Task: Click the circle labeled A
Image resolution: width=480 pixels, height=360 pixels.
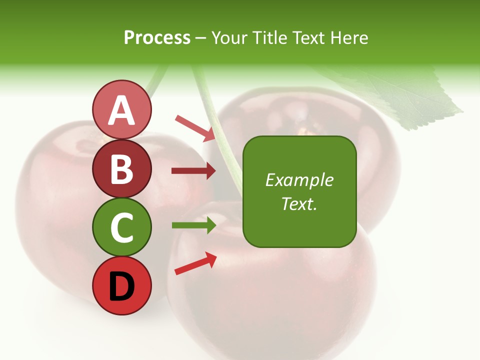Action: tap(121, 110)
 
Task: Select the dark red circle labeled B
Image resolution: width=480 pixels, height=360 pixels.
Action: tap(121, 168)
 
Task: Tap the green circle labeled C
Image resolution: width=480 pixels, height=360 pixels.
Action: tap(121, 227)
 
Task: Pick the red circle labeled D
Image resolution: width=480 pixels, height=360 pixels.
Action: tap(121, 285)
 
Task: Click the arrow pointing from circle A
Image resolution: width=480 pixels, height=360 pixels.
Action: tap(195, 128)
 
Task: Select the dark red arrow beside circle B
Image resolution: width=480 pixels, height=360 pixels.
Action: tap(193, 171)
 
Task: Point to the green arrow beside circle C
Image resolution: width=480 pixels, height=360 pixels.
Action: tap(193, 225)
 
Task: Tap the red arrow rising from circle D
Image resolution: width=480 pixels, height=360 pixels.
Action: tap(195, 263)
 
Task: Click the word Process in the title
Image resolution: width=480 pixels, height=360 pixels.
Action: tap(157, 37)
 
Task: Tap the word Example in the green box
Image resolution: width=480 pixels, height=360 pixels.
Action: tap(299, 180)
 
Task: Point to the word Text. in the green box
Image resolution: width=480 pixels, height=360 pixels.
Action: tap(299, 203)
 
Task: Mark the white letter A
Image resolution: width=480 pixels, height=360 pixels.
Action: tap(121, 110)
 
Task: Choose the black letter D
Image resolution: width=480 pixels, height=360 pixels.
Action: tap(121, 286)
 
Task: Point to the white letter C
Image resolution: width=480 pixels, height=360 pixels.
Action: tap(121, 227)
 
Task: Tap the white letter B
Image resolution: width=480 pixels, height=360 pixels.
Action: tap(121, 169)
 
